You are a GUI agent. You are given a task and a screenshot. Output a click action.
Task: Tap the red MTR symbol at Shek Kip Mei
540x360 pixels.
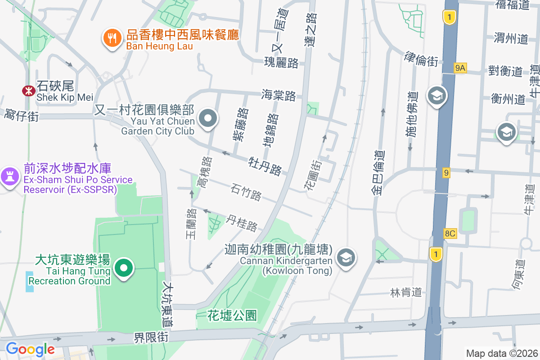click(x=29, y=91)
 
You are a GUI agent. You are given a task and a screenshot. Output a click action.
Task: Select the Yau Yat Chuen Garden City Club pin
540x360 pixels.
click(x=208, y=119)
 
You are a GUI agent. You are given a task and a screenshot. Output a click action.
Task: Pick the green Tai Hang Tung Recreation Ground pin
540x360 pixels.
click(x=124, y=269)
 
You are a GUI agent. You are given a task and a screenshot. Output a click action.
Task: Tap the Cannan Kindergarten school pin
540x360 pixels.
click(x=346, y=258)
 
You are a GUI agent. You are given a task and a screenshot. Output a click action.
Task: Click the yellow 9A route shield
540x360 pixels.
click(x=460, y=68)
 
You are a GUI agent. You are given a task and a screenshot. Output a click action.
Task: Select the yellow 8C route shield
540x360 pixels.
click(x=450, y=234)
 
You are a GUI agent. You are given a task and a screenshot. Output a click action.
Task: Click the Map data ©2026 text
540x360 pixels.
click(x=501, y=353)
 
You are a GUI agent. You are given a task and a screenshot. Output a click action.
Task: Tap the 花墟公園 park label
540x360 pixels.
click(x=232, y=315)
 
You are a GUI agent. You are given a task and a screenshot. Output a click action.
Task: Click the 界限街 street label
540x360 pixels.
click(x=151, y=337)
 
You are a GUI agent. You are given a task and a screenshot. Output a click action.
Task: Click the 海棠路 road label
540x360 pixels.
click(x=279, y=95)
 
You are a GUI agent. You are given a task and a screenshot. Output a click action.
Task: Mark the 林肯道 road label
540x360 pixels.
click(x=406, y=292)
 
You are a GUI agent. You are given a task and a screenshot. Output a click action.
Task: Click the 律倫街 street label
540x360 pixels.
click(x=421, y=59)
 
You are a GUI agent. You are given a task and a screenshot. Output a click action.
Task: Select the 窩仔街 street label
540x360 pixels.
click(x=21, y=115)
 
